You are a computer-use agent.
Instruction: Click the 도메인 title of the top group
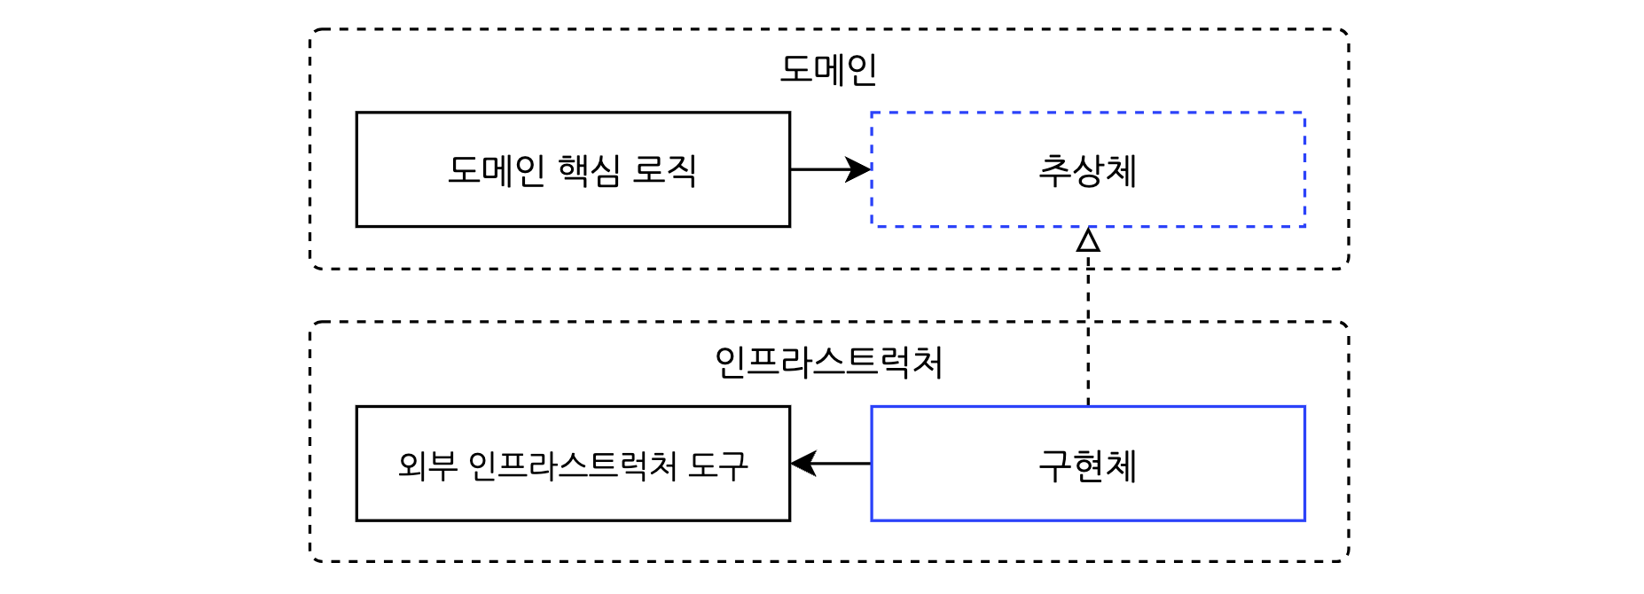[x=828, y=69]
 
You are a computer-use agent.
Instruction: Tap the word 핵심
[x=590, y=170]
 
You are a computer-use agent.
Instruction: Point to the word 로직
[x=664, y=170]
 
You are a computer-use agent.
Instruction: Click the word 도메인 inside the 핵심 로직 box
[x=497, y=170]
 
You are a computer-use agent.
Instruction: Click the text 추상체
[x=1088, y=170]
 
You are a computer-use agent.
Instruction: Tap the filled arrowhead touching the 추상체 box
[x=858, y=169]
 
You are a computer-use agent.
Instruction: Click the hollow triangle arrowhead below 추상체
[x=1088, y=240]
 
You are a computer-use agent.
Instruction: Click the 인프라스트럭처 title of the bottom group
[x=828, y=362]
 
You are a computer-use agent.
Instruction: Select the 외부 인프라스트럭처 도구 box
[x=573, y=501]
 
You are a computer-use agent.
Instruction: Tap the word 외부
[x=427, y=465]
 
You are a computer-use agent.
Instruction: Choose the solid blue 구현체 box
[x=1088, y=501]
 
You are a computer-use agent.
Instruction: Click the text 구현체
[x=1088, y=465]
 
